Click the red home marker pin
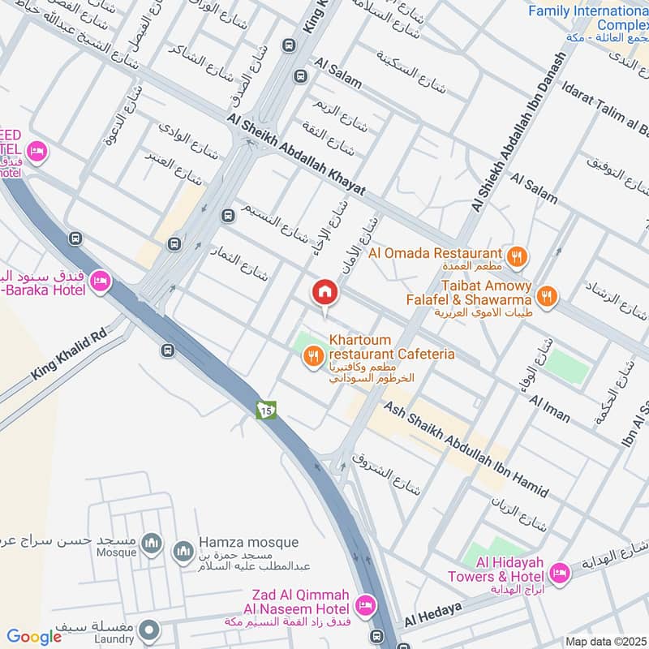(325, 293)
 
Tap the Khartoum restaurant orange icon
(312, 355)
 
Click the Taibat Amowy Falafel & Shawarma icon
(548, 297)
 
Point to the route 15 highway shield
(267, 410)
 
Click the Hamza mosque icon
(183, 552)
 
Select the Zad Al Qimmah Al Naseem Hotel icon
(365, 605)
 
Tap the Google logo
(34, 638)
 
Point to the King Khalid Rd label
(69, 358)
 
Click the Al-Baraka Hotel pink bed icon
(101, 282)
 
